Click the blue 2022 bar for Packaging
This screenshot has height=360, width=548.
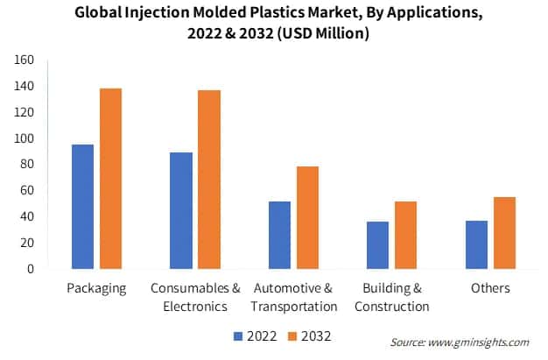[82, 206]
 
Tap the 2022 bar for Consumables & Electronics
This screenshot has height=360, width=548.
[181, 210]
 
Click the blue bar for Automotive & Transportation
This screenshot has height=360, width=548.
[279, 235]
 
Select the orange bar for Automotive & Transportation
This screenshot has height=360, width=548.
[307, 217]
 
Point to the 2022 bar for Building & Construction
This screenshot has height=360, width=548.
[377, 244]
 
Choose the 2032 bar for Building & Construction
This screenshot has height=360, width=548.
[405, 235]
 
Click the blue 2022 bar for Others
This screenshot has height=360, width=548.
[476, 244]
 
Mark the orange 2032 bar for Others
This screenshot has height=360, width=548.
[504, 232]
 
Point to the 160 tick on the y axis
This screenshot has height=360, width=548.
[24, 60]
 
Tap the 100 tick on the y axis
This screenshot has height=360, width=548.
[24, 138]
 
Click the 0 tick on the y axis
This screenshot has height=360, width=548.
[30, 269]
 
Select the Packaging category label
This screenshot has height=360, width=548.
[96, 288]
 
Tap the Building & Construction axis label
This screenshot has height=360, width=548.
[392, 297]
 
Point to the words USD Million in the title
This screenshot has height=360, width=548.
[328, 33]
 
